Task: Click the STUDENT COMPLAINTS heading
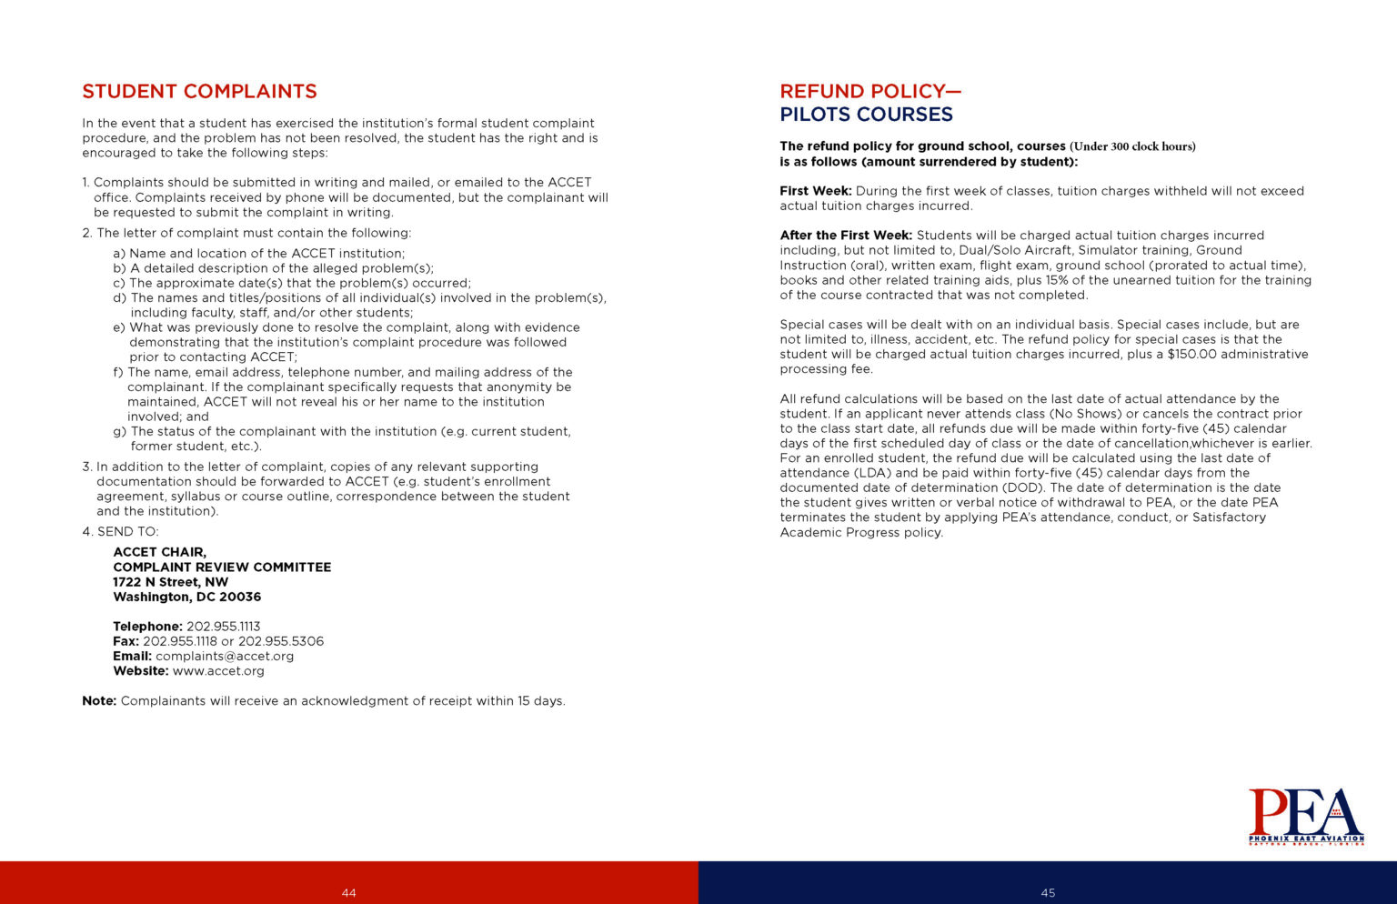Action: click(x=199, y=92)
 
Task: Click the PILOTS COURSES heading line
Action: click(x=866, y=115)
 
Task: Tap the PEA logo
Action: click(x=1305, y=816)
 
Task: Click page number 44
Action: click(x=348, y=893)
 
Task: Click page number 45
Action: click(x=1048, y=893)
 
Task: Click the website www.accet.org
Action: click(x=218, y=671)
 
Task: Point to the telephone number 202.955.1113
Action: click(x=223, y=627)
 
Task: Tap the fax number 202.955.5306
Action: click(x=281, y=641)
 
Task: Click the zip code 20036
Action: click(x=239, y=597)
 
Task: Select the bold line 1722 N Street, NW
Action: click(x=171, y=582)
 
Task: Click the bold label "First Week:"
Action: click(x=816, y=191)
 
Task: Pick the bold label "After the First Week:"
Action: click(x=846, y=236)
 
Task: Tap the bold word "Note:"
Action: click(x=99, y=701)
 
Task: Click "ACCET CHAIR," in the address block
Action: click(x=159, y=552)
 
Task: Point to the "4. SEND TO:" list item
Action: click(x=120, y=532)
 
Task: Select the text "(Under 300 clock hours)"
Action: click(x=1132, y=146)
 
